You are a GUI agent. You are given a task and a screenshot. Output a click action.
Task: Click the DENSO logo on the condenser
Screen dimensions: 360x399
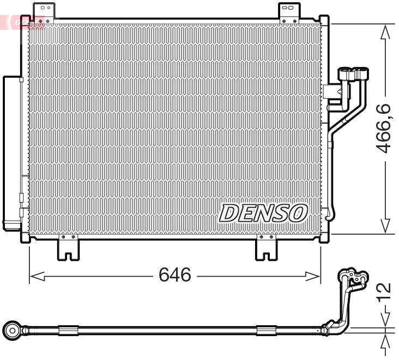click(263, 213)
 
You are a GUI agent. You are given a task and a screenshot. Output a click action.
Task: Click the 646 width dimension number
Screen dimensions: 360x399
click(175, 275)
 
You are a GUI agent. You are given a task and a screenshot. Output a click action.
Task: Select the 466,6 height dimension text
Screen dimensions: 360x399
click(384, 129)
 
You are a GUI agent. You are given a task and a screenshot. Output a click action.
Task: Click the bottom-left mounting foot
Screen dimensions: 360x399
click(68, 248)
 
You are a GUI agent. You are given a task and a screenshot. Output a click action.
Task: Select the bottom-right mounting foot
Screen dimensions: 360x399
click(267, 248)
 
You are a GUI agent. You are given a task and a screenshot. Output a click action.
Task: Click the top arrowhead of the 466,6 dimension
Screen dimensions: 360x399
click(385, 32)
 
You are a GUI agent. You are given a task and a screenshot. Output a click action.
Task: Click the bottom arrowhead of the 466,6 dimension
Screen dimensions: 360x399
click(385, 226)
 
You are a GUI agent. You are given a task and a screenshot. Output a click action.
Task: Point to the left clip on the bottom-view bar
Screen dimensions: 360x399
click(69, 330)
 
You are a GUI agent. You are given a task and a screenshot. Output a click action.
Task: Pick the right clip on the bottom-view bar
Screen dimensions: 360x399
click(267, 330)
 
